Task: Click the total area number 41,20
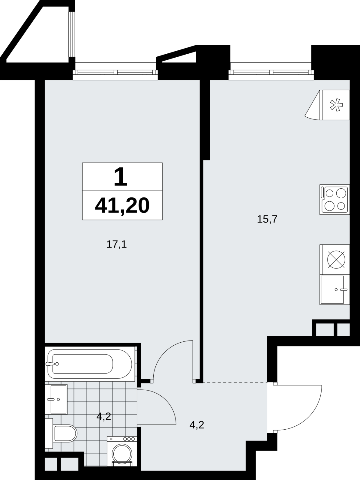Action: coord(122,205)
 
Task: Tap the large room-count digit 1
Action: coord(120,177)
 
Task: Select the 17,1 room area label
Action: coord(116,244)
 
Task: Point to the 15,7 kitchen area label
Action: coord(267,219)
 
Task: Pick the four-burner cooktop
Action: coord(334,199)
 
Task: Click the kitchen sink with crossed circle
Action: coord(336,259)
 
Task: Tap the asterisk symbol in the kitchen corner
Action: coord(336,105)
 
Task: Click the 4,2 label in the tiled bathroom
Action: coord(103,417)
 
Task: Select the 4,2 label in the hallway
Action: coord(197,425)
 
